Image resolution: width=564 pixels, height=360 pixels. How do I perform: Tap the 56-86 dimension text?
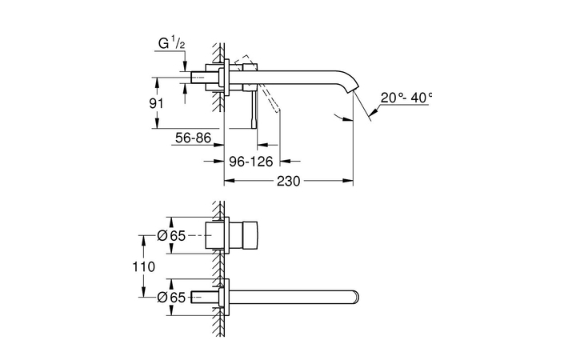(193, 138)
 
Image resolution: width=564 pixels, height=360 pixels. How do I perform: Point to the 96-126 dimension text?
(252, 162)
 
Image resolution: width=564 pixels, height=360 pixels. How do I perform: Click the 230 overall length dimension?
(288, 182)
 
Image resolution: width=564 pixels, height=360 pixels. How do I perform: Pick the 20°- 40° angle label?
(406, 97)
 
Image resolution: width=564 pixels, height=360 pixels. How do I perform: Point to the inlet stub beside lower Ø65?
(214, 297)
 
